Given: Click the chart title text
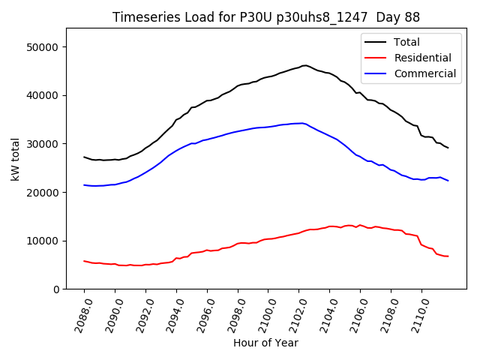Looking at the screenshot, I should [x=266, y=17].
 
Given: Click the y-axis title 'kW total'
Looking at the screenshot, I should [x=16, y=158].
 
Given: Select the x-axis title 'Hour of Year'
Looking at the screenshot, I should [x=265, y=343].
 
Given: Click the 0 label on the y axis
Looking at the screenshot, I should [x=56, y=289].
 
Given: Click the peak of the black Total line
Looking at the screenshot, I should [x=304, y=65].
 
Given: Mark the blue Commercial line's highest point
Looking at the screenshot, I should [x=301, y=123].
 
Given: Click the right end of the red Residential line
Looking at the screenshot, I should [x=448, y=256].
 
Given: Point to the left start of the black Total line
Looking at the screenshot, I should [x=84, y=157].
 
